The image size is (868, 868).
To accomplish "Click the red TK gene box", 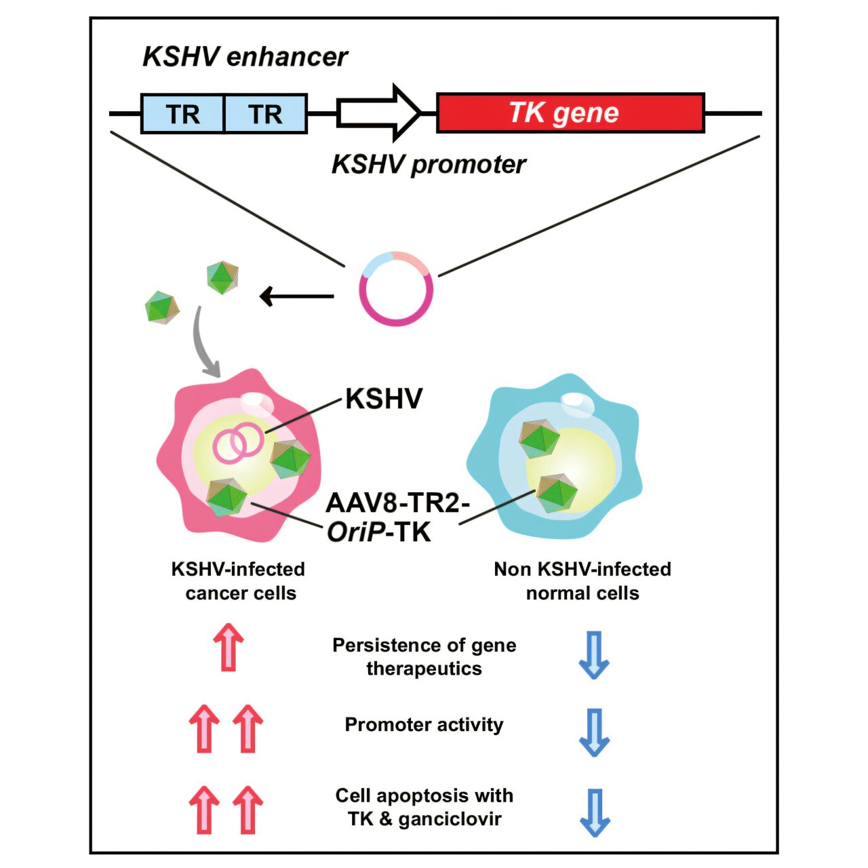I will pyautogui.click(x=570, y=113).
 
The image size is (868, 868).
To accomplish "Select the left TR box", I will pyautogui.click(x=182, y=113).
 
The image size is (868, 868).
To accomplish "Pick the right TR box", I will pyautogui.click(x=265, y=113).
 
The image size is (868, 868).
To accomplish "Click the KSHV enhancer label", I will pyautogui.click(x=245, y=57).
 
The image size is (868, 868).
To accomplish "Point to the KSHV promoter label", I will pyautogui.click(x=429, y=164).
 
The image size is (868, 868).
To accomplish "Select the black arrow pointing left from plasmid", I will pyautogui.click(x=296, y=296).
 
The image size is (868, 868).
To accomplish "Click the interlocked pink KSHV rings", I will pyautogui.click(x=238, y=442).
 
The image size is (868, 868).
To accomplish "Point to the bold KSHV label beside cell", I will pyautogui.click(x=384, y=399).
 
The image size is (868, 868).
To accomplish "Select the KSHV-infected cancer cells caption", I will pyautogui.click(x=239, y=581).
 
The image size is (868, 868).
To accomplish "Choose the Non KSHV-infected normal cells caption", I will pyautogui.click(x=583, y=581).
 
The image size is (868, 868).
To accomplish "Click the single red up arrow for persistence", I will pyautogui.click(x=229, y=648).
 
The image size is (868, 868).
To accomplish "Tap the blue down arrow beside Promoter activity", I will pyautogui.click(x=594, y=732).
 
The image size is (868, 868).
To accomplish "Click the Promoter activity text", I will pyautogui.click(x=424, y=725).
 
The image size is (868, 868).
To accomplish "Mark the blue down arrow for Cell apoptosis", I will pyautogui.click(x=595, y=812).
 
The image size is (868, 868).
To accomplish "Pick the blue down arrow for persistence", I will pyautogui.click(x=594, y=655).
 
